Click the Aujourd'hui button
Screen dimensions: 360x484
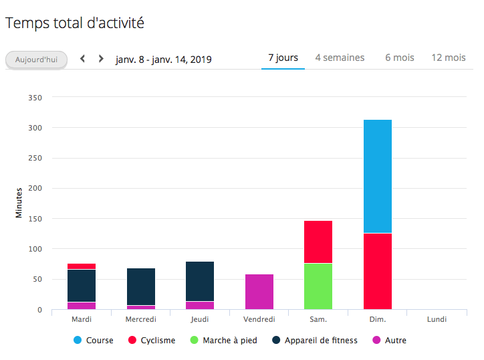click(x=36, y=59)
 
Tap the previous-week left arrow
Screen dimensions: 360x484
click(x=83, y=58)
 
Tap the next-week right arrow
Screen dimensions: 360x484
click(x=101, y=58)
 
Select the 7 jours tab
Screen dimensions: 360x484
click(x=283, y=58)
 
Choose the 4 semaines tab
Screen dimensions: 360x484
click(x=340, y=58)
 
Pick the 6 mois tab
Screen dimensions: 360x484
click(x=399, y=58)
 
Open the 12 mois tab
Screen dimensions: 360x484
click(x=448, y=58)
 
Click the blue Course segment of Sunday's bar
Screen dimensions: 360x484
click(x=377, y=176)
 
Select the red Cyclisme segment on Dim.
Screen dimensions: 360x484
click(x=377, y=271)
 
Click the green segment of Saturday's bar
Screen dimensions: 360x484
click(x=318, y=286)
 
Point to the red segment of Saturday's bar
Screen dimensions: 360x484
click(x=318, y=242)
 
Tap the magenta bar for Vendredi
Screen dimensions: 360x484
click(x=259, y=292)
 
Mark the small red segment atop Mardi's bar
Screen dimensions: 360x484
click(x=82, y=266)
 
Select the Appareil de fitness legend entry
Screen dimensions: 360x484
click(x=315, y=341)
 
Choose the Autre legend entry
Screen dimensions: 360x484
click(x=390, y=341)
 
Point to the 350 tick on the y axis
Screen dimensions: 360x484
click(x=36, y=98)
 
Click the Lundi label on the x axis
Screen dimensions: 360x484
click(x=437, y=319)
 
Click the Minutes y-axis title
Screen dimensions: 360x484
click(x=19, y=203)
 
